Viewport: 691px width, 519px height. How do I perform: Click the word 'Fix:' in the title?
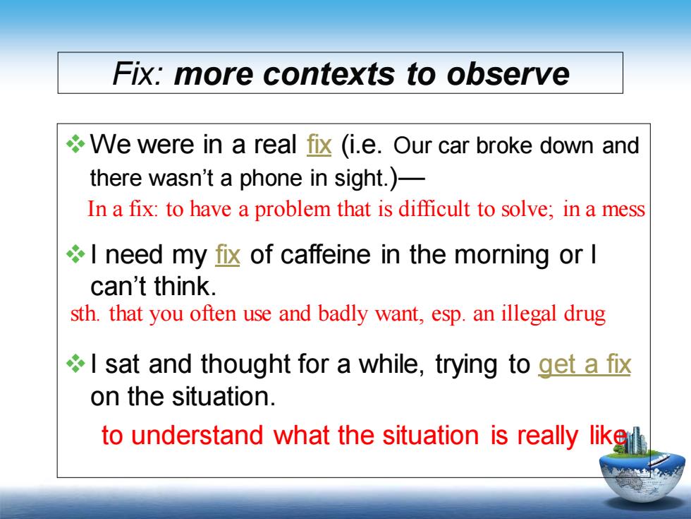tap(138, 73)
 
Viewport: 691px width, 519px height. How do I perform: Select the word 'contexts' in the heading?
tap(329, 73)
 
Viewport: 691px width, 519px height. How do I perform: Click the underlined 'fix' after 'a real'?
tap(319, 144)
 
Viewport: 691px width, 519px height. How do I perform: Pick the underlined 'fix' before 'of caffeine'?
tap(227, 254)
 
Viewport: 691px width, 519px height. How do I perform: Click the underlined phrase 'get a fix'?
tap(585, 364)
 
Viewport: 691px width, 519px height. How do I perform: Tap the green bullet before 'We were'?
tap(75, 143)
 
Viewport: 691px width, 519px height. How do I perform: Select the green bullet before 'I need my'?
tap(75, 253)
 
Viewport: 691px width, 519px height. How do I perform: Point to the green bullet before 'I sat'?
tap(75, 364)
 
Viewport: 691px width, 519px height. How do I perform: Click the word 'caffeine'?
tap(325, 255)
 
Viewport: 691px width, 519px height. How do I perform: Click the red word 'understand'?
tap(197, 435)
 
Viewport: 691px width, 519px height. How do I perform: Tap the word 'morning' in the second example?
tap(502, 256)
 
